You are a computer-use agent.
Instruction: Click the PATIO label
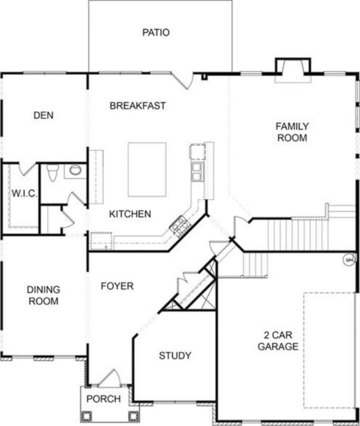[155, 33]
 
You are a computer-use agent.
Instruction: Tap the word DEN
[43, 116]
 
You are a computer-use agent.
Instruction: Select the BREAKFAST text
[138, 106]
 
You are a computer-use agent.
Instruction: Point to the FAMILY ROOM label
[292, 132]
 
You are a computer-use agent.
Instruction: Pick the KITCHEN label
[130, 214]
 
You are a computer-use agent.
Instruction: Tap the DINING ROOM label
[43, 296]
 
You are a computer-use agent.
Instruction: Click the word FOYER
[117, 286]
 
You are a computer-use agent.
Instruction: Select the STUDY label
[175, 355]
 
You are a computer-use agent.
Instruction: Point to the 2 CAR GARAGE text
[278, 341]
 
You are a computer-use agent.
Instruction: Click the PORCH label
[103, 399]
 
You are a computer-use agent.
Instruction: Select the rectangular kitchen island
[147, 170]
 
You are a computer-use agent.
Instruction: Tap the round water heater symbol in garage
[348, 260]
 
